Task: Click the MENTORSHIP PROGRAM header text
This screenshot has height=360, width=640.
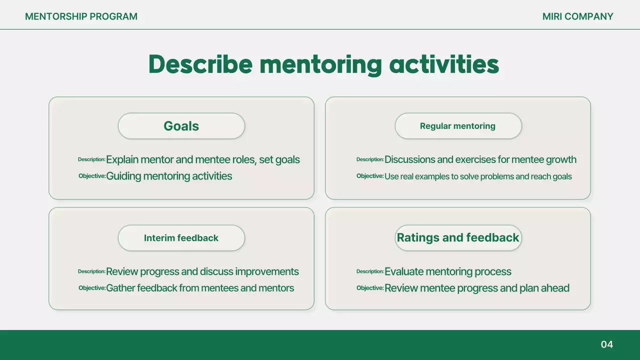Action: pos(81,16)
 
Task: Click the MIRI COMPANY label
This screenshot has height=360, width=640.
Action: pos(577,16)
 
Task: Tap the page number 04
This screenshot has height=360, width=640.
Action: pos(606,344)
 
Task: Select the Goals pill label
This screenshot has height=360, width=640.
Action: pos(181,126)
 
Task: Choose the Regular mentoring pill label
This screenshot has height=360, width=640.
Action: pos(457,126)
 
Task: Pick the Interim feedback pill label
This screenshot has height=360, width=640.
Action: pos(181,238)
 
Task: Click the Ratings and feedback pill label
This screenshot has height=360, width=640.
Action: pos(457,237)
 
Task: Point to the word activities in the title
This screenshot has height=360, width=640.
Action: pos(444,64)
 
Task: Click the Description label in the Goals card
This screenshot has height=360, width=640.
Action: pos(91,159)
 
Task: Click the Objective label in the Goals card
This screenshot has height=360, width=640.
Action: pos(92,176)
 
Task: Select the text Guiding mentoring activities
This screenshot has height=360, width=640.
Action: pos(169,176)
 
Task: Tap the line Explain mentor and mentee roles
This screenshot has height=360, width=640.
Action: pos(202,160)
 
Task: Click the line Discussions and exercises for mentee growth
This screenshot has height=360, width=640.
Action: pos(480,160)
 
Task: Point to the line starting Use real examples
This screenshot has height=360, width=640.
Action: pos(477,176)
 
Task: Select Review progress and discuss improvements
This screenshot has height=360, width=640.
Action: pos(202,271)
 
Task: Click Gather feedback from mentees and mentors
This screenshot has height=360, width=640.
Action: pos(200,288)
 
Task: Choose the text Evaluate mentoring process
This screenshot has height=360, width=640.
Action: pos(447,271)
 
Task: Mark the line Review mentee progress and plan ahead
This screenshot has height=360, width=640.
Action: pos(476,288)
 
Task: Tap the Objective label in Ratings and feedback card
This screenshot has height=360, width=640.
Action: pos(370,288)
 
